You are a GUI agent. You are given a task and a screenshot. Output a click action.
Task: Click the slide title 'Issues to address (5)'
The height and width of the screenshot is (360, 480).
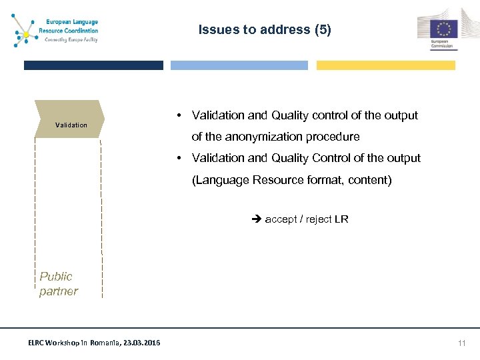coord(265,30)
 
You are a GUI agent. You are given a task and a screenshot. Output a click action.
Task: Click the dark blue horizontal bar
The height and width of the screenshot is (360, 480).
coord(93,65)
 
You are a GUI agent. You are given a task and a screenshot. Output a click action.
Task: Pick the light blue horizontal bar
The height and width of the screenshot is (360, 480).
coord(239,65)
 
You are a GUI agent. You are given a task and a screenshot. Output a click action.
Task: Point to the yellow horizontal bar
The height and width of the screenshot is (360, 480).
coord(385,65)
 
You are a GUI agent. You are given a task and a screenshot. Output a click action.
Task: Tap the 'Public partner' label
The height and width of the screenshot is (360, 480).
coord(59,284)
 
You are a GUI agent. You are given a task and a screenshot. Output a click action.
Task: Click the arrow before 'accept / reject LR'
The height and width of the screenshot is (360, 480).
coord(257,219)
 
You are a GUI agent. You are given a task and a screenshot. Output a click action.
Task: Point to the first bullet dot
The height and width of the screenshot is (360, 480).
coord(180,115)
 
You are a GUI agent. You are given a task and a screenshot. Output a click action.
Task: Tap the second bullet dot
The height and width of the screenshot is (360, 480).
coord(180,158)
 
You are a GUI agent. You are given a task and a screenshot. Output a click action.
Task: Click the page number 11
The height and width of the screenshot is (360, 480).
coord(461,343)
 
